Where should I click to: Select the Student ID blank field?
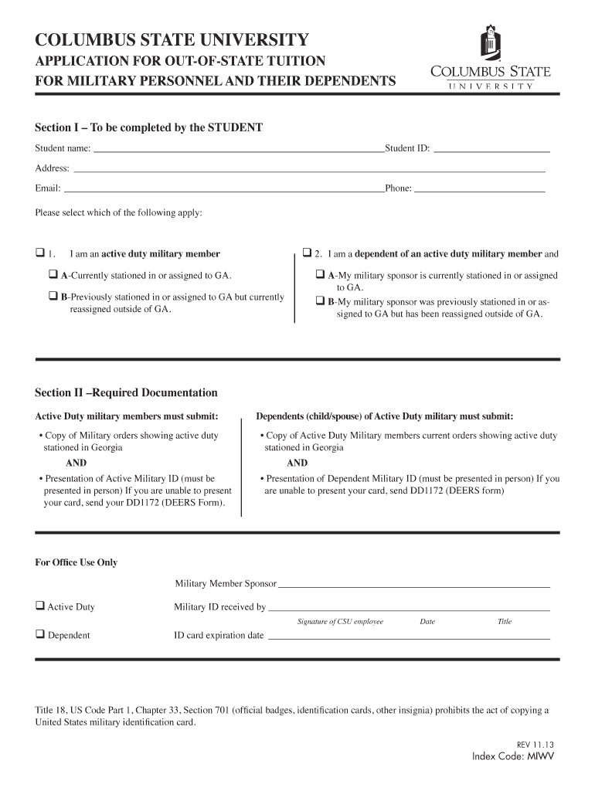491,148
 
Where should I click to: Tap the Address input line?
309,168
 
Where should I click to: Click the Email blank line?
223,188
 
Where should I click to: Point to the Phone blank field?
479,188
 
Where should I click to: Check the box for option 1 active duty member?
39,253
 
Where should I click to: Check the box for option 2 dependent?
307,253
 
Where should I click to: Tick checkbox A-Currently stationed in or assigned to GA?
54,274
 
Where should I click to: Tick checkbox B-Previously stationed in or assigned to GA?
54,296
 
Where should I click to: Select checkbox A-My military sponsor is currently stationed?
320,275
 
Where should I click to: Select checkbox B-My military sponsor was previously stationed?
320,301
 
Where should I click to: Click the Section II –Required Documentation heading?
126,392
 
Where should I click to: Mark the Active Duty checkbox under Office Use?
39,606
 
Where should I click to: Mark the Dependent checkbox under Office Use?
39,635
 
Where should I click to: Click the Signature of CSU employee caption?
340,622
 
